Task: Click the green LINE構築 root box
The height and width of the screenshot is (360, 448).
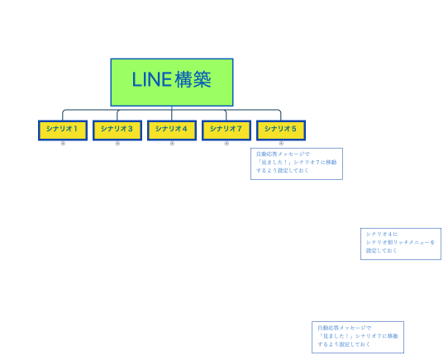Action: click(x=171, y=82)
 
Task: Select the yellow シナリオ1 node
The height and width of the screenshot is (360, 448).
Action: click(x=63, y=130)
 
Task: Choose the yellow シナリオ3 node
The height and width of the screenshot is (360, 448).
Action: click(x=117, y=130)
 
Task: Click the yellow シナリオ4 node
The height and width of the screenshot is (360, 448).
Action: click(x=172, y=130)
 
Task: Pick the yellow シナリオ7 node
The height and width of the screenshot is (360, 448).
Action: click(x=226, y=130)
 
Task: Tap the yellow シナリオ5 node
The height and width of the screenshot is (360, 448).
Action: click(x=281, y=130)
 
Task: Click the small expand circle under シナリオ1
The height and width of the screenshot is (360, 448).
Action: click(x=63, y=144)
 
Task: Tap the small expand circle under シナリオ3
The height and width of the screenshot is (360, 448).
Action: click(x=117, y=144)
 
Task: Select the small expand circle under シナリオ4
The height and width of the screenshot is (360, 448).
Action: click(x=172, y=144)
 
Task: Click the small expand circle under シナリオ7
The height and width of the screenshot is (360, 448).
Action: click(x=226, y=144)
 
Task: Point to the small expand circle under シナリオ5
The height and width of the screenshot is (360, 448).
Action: click(x=281, y=144)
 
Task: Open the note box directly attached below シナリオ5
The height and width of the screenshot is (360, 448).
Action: click(x=296, y=163)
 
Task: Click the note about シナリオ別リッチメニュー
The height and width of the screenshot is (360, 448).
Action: click(x=400, y=243)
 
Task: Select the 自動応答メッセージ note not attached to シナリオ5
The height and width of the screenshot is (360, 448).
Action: click(x=357, y=337)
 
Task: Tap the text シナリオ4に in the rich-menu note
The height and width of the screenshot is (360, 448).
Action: click(x=382, y=234)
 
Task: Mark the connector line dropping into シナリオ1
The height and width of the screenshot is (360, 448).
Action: click(x=63, y=115)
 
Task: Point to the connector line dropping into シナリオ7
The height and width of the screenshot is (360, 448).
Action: click(x=226, y=115)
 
